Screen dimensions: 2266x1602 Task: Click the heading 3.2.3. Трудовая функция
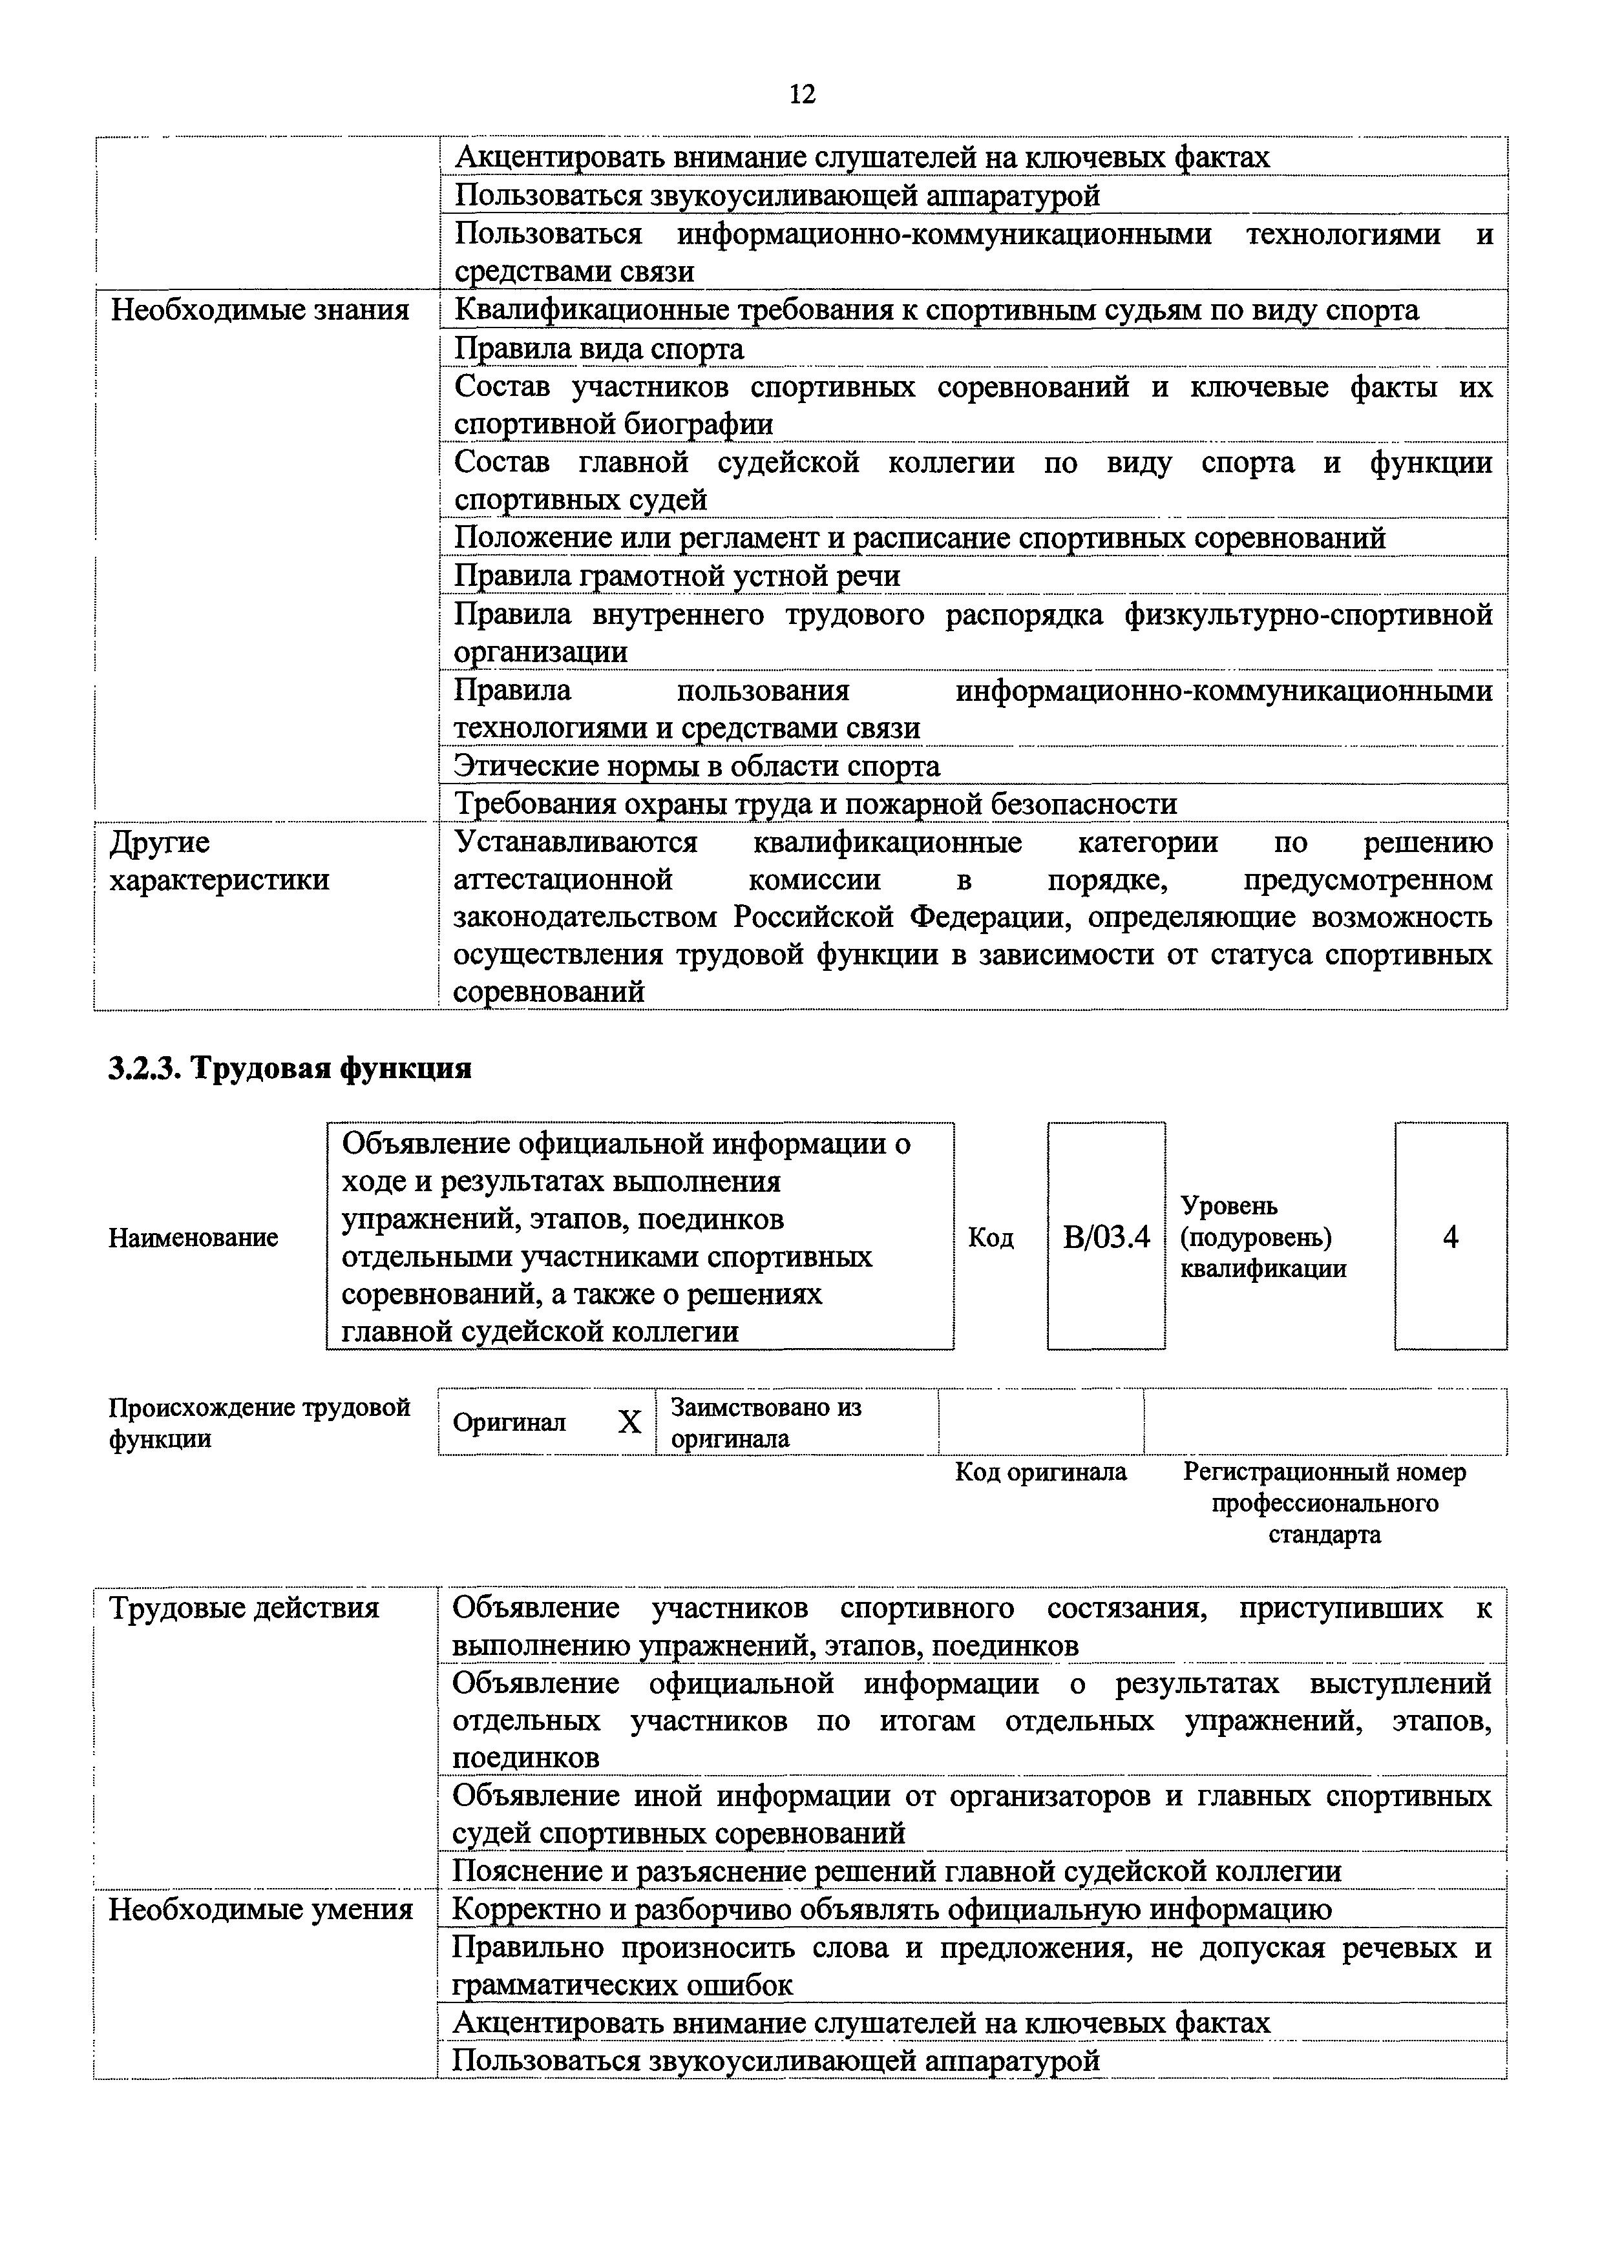click(x=290, y=1068)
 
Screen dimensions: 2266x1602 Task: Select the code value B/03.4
click(x=1106, y=1236)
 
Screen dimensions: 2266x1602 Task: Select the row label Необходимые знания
click(x=260, y=310)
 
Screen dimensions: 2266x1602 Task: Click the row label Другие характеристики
click(x=218, y=860)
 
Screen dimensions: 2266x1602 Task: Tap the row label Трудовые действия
click(x=244, y=1608)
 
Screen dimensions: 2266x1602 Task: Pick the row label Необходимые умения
click(x=260, y=1909)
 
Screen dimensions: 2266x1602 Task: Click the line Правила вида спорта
click(x=598, y=348)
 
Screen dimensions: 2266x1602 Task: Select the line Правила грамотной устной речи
click(x=676, y=576)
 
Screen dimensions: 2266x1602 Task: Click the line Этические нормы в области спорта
click(x=696, y=766)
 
